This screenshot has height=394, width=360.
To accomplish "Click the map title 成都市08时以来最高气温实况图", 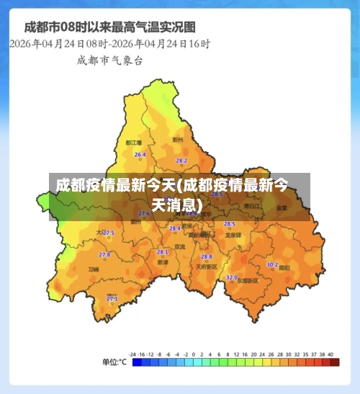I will click(x=109, y=27).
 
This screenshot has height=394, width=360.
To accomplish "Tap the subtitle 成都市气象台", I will click(x=109, y=61).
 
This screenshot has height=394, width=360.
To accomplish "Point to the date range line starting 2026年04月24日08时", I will click(x=109, y=44).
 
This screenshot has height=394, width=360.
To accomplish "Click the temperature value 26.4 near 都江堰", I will click(x=140, y=155).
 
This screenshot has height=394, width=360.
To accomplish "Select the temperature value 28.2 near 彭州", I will click(x=181, y=161).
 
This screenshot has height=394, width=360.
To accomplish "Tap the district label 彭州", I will click(x=178, y=140).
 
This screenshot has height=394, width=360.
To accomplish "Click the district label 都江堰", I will click(x=133, y=143).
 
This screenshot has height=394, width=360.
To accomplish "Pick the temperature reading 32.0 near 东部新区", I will click(x=231, y=277).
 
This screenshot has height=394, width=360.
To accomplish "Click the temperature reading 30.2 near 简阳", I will click(x=272, y=264).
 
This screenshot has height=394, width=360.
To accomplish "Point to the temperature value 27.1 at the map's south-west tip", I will click(x=112, y=298).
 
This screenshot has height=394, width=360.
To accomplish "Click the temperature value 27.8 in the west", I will click(x=104, y=255).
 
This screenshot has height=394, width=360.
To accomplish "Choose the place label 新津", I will click(x=163, y=262).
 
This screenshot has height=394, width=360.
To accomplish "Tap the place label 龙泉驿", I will click(x=233, y=235).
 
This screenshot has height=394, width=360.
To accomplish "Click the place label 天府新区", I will click(x=207, y=267).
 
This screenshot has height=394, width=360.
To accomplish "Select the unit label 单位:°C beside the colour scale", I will click(x=113, y=362).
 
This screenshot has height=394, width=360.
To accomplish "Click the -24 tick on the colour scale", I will click(x=132, y=354).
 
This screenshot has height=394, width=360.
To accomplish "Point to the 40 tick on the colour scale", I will click(x=330, y=354).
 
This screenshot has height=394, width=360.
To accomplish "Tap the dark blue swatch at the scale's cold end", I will click(x=137, y=362).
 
